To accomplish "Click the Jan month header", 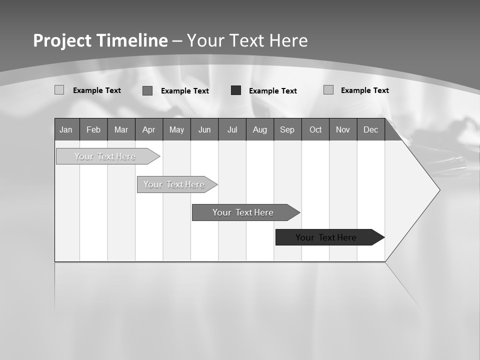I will coord(66,129).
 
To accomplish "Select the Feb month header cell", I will coord(93,129).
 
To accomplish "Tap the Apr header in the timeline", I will coord(149,129).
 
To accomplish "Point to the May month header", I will coord(176,129).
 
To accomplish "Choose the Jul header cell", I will coord(232,129).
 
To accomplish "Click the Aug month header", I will coord(260,129).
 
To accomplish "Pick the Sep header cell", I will coord(287,129).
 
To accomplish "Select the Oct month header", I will coord(315,129).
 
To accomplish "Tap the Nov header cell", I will coord(343,129).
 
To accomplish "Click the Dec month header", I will coord(371,129).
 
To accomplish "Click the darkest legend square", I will coord(236,90).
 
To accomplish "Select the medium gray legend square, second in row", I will coord(147,90).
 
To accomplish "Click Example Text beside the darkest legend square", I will coord(273,91).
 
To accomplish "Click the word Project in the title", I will coord(62,40).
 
